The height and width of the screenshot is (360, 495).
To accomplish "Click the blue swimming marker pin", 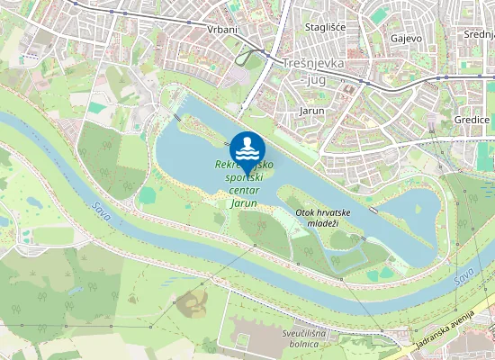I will coord(247,149).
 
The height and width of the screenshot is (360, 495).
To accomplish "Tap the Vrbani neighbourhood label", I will coord(221,30).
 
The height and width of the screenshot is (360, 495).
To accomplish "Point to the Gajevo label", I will coord(407,39).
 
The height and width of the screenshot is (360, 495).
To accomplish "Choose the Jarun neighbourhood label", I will coord(311,112).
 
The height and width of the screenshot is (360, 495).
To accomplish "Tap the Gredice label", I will coord(471,120).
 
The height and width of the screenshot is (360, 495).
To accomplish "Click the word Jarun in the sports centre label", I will coord(243,204).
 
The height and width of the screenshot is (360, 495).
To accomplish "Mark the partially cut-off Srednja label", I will coord(479,34).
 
